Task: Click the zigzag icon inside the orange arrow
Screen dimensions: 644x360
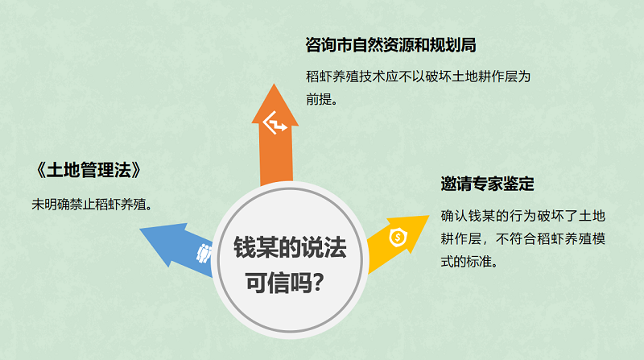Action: tap(275, 122)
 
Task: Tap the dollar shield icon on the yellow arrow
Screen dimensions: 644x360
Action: tap(398, 237)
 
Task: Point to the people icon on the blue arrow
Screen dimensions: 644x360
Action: tap(204, 254)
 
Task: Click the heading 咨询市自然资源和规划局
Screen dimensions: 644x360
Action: tap(390, 45)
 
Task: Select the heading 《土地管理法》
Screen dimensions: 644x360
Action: tap(89, 170)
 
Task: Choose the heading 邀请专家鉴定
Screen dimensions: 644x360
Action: tap(487, 184)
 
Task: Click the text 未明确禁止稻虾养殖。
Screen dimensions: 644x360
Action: tap(92, 205)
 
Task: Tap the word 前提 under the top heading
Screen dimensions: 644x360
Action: tap(319, 99)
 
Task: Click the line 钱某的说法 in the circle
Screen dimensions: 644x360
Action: tap(290, 247)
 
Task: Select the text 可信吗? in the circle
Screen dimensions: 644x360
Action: tap(285, 283)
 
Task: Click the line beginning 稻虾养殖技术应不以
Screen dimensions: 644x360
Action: tap(418, 77)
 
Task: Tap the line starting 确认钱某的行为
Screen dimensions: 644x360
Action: tap(522, 216)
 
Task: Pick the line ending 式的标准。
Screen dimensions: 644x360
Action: tap(469, 262)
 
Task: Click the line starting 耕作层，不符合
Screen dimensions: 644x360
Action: tap(522, 238)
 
